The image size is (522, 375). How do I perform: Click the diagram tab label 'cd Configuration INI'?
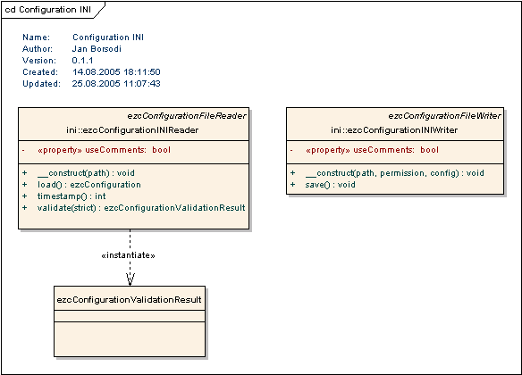click(x=48, y=10)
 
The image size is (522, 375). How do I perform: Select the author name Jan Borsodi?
click(x=97, y=49)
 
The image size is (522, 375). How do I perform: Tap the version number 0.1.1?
click(x=82, y=61)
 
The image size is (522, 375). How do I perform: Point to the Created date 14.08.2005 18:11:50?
click(x=116, y=72)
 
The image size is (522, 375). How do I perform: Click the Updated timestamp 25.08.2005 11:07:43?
click(x=116, y=83)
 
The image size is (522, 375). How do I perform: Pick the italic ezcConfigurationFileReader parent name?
click(x=187, y=116)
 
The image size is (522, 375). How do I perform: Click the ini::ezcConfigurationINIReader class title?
click(x=132, y=130)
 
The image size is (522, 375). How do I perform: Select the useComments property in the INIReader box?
click(x=105, y=150)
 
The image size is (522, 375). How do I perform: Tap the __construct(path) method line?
click(x=86, y=173)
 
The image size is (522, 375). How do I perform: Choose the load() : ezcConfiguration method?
click(x=89, y=185)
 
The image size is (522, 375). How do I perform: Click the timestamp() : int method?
click(x=72, y=196)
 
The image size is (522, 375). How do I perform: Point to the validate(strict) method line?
click(x=141, y=208)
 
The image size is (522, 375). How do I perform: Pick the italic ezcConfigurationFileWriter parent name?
click(x=445, y=116)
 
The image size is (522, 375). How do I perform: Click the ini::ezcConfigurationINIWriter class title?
click(x=394, y=130)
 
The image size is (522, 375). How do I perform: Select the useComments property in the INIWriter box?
click(x=372, y=150)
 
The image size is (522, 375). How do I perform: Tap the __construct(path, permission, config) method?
click(x=395, y=173)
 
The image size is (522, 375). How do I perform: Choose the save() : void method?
click(x=330, y=185)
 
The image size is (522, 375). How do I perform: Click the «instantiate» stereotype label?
click(x=128, y=255)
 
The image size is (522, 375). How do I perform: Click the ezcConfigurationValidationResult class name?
click(x=130, y=300)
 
